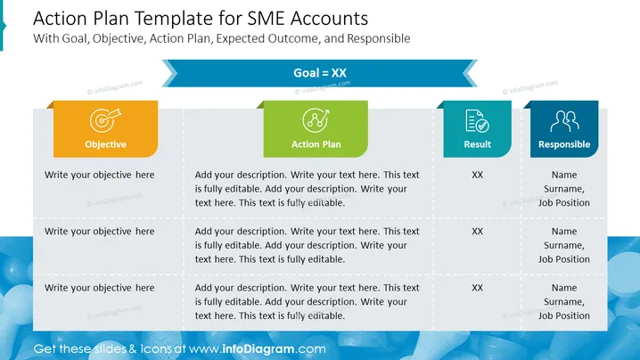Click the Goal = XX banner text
pyautogui.click(x=320, y=73)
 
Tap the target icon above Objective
pyautogui.click(x=105, y=120)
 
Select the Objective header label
pyautogui.click(x=105, y=144)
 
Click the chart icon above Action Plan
pyautogui.click(x=316, y=120)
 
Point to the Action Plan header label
pyautogui.click(x=316, y=144)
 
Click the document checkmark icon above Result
pyautogui.click(x=477, y=121)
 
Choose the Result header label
pyautogui.click(x=477, y=144)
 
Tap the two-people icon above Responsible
pyautogui.click(x=564, y=121)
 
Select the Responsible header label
pyautogui.click(x=564, y=144)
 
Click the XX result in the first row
pyautogui.click(x=477, y=176)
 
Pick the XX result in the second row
pyautogui.click(x=477, y=232)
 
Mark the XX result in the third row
pyautogui.click(x=477, y=288)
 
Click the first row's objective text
pyautogui.click(x=100, y=176)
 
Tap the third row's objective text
pyautogui.click(x=100, y=288)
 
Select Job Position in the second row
pyautogui.click(x=564, y=259)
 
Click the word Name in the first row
pyautogui.click(x=564, y=175)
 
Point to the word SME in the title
pyautogui.click(x=267, y=19)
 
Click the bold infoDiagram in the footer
pyautogui.click(x=258, y=349)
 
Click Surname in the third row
pyautogui.click(x=564, y=302)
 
